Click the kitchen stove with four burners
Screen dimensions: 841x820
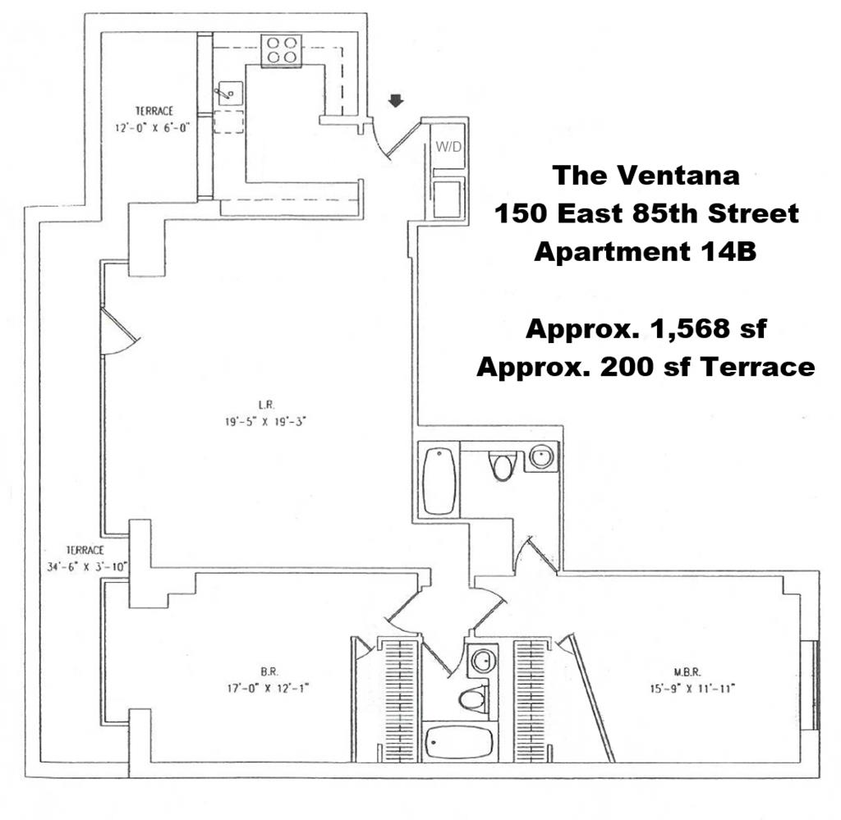coord(282,51)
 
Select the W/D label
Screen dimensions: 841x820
coord(448,146)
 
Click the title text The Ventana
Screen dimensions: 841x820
coord(646,176)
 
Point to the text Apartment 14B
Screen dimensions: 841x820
coord(646,251)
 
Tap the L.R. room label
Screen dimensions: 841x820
coord(266,405)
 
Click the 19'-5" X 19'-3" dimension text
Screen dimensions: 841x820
coord(265,422)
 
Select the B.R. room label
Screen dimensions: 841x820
coord(269,671)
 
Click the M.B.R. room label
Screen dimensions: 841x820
coord(687,671)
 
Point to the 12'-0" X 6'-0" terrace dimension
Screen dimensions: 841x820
coord(153,128)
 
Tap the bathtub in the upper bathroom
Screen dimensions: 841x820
coord(439,481)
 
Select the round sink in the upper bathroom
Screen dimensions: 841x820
coord(542,457)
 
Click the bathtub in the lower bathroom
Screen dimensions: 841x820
coord(458,743)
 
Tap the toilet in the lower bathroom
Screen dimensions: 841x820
coord(473,699)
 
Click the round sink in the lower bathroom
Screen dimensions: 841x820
coord(483,660)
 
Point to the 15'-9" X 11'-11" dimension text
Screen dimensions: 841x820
coord(692,688)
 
